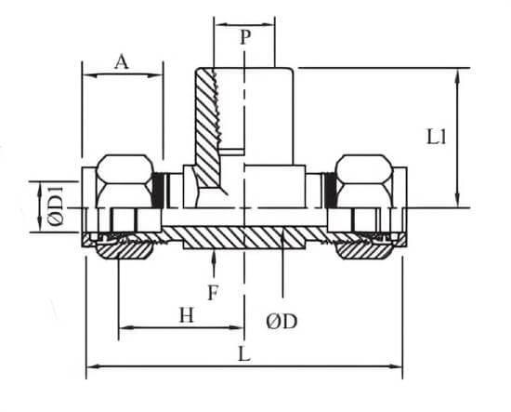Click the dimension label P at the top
[245, 37]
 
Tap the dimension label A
[122, 62]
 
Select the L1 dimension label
[437, 137]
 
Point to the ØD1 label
[56, 206]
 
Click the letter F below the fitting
[213, 293]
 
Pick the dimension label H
[187, 315]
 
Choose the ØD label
[282, 322]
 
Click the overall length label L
[244, 354]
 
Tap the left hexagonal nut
[125, 181]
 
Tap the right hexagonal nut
[364, 181]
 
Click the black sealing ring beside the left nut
[158, 190]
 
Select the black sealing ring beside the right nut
[331, 190]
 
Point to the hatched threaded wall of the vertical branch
[207, 127]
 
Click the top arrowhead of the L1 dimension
[457, 75]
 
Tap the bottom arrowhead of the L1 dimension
[457, 200]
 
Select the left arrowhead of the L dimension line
[94, 366]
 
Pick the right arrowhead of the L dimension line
[395, 366]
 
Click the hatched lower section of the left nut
[124, 250]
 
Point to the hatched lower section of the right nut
[364, 250]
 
